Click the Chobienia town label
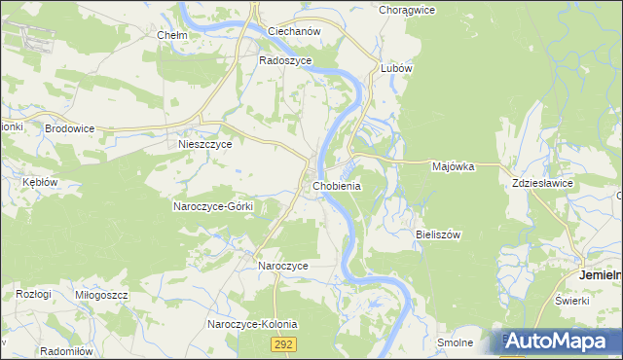click(x=338, y=186)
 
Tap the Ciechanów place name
click(x=294, y=31)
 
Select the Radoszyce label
click(x=284, y=59)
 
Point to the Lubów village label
click(x=397, y=69)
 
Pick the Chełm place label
click(x=171, y=35)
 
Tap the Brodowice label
click(x=67, y=127)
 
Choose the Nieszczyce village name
click(x=204, y=144)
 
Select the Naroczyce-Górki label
click(x=213, y=206)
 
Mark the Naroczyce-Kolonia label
click(x=252, y=324)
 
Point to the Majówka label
click(x=453, y=166)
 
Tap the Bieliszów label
click(x=438, y=234)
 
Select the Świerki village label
click(x=573, y=300)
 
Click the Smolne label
click(x=455, y=342)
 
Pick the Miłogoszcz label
click(x=101, y=294)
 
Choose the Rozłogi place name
click(x=32, y=294)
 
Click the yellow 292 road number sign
click(x=283, y=344)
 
